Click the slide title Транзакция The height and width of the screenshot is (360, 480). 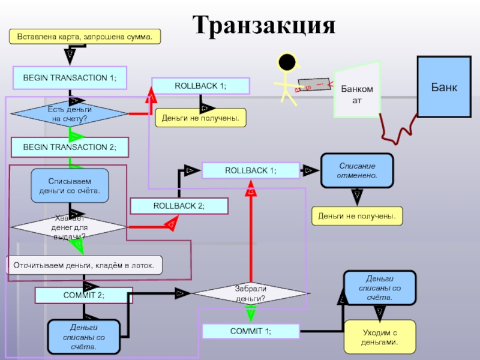click(264, 25)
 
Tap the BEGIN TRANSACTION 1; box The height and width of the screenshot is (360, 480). click(70, 78)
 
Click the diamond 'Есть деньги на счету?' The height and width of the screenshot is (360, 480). click(70, 114)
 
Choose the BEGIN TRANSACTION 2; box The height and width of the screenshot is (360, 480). click(70, 146)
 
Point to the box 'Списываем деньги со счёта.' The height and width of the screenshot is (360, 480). click(70, 185)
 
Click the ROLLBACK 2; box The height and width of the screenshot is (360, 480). click(179, 206)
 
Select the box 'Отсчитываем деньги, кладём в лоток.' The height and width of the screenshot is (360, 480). click(84, 265)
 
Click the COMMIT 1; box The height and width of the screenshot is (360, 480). click(250, 331)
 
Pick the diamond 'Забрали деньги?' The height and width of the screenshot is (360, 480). click(251, 293)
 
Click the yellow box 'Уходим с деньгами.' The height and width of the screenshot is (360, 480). click(379, 337)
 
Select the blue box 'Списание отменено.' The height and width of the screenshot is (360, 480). click(357, 170)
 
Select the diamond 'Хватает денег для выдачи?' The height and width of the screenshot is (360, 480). click(70, 227)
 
